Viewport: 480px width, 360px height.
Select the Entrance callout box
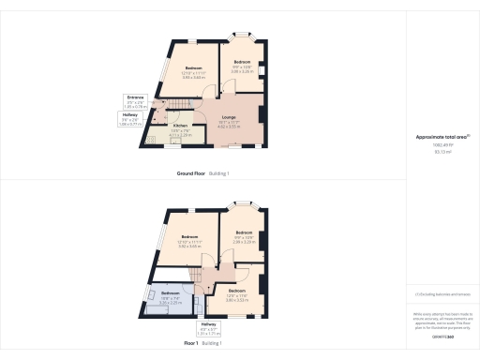click(x=137, y=100)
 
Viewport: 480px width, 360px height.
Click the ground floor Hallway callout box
click(x=130, y=119)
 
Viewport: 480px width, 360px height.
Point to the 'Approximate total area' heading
click(x=442, y=163)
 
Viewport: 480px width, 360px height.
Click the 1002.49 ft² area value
click(x=442, y=172)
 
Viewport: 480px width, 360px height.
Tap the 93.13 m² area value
click(x=442, y=177)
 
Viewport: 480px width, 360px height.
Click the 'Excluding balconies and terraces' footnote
click(x=442, y=293)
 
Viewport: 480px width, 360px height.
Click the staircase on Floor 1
click(x=200, y=277)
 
